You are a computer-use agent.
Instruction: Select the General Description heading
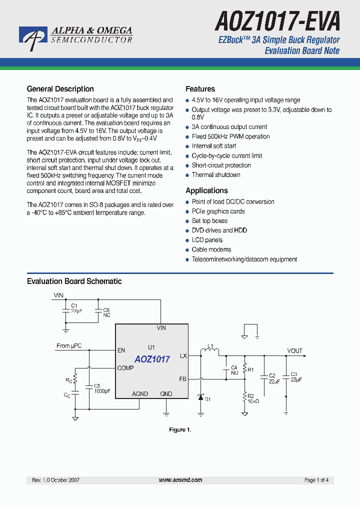tap(60, 89)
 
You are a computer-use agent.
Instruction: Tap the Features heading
tap(200, 89)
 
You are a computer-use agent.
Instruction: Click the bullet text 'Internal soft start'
tap(213, 146)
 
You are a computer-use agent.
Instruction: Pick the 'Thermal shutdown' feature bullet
tap(216, 175)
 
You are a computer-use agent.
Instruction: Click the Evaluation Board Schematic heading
tap(74, 281)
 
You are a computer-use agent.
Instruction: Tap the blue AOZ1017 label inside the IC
tap(152, 359)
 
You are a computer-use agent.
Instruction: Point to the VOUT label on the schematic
tap(294, 350)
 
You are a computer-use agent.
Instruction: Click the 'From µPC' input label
tap(69, 346)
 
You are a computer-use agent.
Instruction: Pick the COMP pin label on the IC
tap(125, 368)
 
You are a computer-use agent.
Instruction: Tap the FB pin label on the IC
tap(182, 379)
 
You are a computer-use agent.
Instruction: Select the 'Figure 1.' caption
tap(180, 430)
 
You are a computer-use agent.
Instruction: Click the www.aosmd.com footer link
tap(180, 480)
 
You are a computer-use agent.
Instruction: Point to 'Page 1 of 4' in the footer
tap(316, 480)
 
